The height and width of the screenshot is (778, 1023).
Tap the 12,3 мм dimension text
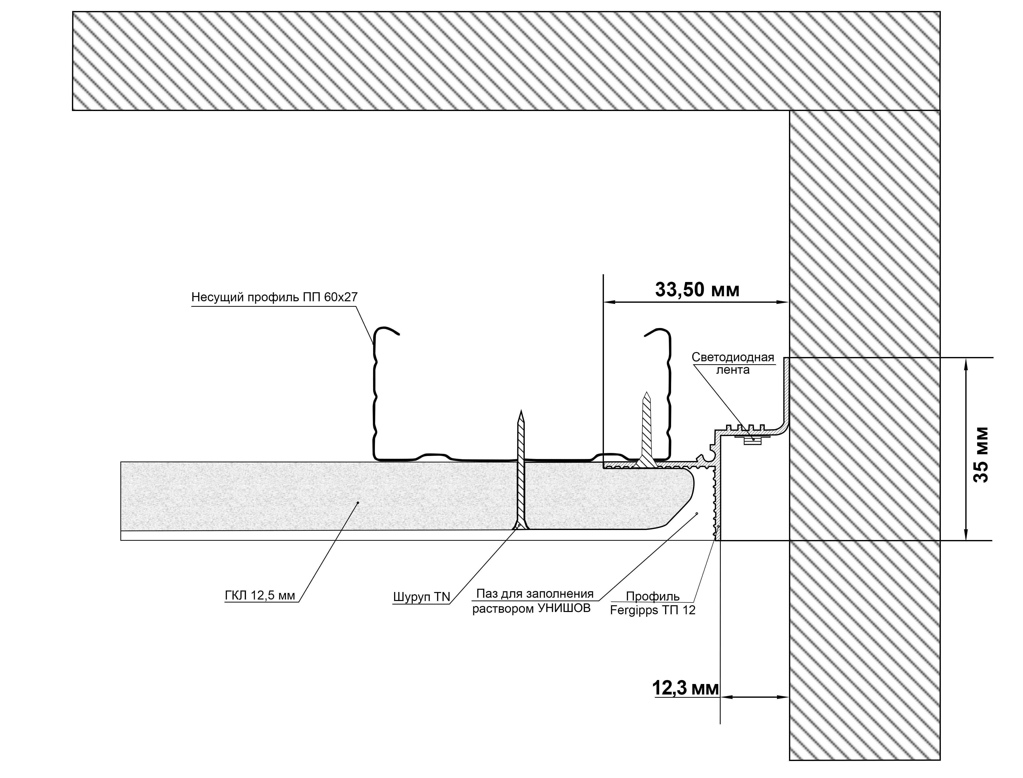point(686,688)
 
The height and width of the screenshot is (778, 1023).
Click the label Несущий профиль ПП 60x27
point(274,297)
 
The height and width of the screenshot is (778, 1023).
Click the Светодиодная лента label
point(733,363)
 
